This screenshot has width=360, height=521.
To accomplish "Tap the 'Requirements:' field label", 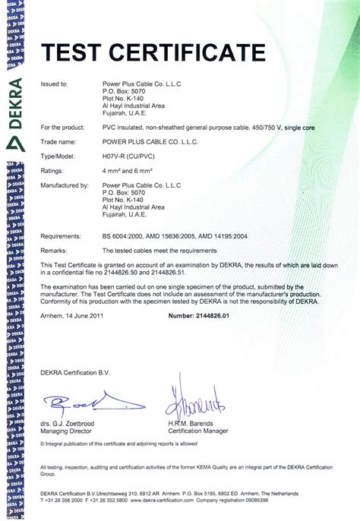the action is [61, 236].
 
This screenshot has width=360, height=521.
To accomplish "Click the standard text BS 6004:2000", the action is [126, 236].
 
